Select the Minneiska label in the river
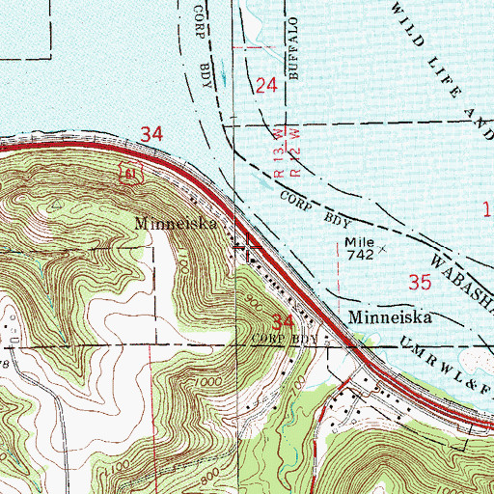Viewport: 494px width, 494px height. pos(391,316)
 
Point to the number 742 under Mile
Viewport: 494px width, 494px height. pos(359,253)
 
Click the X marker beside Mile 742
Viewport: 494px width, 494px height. pos(383,248)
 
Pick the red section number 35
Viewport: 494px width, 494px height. pos(420,283)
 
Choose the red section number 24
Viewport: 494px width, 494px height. pos(267,87)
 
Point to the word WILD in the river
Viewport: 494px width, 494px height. pos(404,23)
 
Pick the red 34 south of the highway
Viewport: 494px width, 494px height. pos(282,320)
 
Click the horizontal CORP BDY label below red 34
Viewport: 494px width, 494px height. pos(285,340)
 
